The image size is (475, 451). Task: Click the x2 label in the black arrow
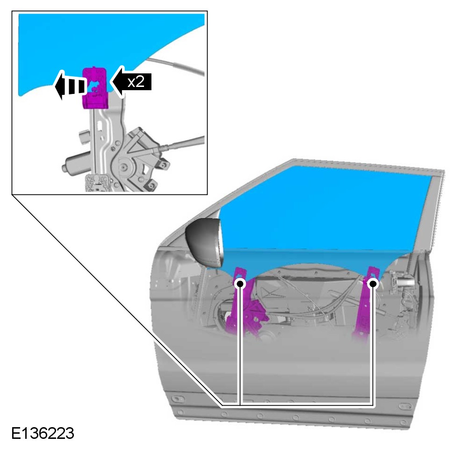coord(136,82)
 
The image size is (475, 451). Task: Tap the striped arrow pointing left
coord(70,86)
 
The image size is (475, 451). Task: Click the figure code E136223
coord(43,433)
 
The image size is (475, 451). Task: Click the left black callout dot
coord(240,284)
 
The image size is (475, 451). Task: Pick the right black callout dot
coord(374,284)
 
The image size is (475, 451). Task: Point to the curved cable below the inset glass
coord(176,64)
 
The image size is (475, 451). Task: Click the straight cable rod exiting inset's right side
coord(182,143)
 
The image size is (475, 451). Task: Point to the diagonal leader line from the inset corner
coord(117,300)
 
